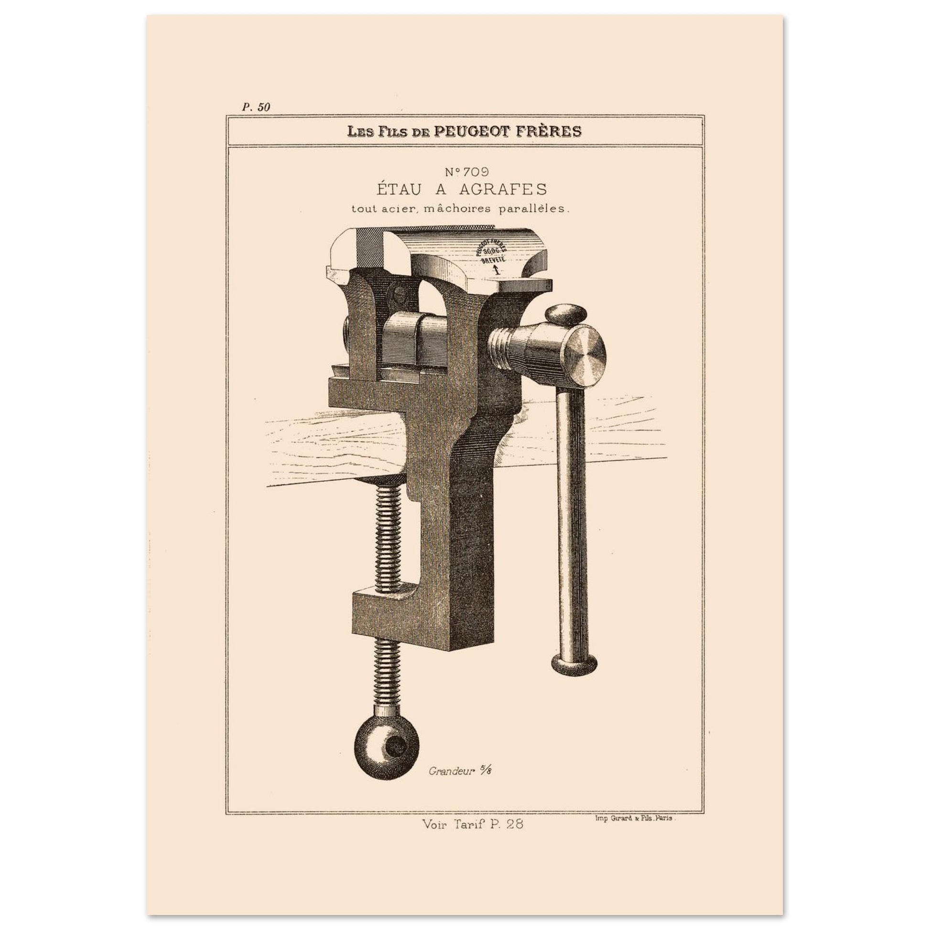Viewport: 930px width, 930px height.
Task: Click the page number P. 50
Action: tap(256, 108)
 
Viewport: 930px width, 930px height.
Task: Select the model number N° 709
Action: tap(466, 172)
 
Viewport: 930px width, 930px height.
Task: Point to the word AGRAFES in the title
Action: tap(503, 189)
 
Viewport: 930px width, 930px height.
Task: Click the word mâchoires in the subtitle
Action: tap(461, 210)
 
